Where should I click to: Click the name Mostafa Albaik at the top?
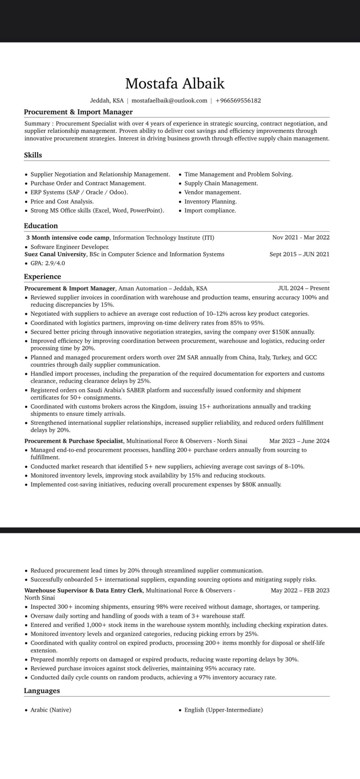click(x=175, y=84)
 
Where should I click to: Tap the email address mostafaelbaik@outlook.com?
click(x=169, y=101)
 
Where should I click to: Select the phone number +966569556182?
click(x=238, y=101)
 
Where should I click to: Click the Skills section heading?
click(x=33, y=155)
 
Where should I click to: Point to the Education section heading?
click(x=41, y=226)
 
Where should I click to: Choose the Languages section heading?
click(x=42, y=690)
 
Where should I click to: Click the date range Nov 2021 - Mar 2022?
click(x=301, y=237)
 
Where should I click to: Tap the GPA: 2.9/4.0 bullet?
click(x=47, y=263)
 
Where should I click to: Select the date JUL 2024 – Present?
click(x=303, y=288)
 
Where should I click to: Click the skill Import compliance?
click(x=210, y=211)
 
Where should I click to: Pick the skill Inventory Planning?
click(x=210, y=202)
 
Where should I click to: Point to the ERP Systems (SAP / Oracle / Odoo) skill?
click(x=79, y=192)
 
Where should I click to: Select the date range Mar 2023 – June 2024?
click(x=299, y=441)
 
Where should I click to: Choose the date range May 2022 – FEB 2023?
click(x=300, y=590)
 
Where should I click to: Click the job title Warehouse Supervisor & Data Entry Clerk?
click(x=83, y=590)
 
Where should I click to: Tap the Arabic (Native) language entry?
click(x=51, y=710)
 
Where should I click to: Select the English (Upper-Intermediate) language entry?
click(x=223, y=710)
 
